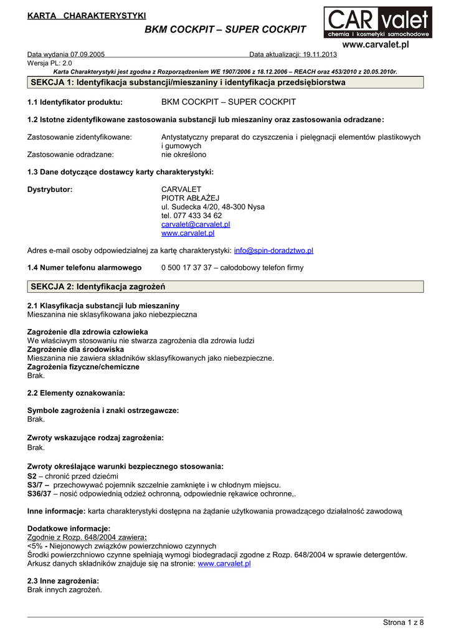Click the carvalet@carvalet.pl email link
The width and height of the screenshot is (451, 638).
196,224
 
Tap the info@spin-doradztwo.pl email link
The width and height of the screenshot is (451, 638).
273,250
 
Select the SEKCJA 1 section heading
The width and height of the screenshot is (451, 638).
188,82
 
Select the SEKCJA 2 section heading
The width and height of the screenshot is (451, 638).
98,287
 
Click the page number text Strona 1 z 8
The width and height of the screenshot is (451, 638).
403,622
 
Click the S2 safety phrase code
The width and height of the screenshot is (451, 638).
32,476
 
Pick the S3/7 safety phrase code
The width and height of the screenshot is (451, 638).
36,485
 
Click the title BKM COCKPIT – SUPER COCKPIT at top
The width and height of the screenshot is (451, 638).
225,29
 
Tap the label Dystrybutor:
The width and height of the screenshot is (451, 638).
50,189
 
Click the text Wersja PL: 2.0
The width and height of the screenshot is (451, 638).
50,63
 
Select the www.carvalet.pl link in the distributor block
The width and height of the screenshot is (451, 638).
188,233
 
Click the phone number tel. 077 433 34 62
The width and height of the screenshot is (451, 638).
191,216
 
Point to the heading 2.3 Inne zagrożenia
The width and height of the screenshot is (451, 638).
63,581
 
